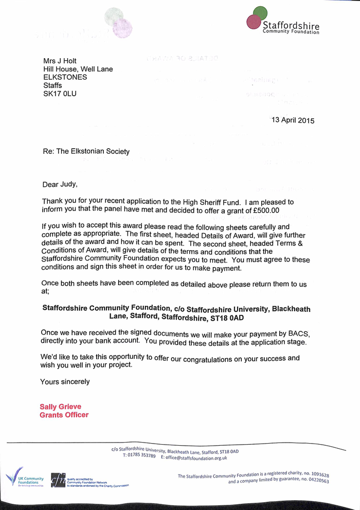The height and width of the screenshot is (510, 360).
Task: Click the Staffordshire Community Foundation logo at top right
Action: [x=283, y=22]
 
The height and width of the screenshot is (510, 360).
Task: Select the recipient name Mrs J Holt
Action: [x=60, y=61]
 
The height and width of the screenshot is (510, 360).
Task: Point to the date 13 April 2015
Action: [x=293, y=120]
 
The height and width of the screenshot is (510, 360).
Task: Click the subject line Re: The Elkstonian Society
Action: [x=86, y=151]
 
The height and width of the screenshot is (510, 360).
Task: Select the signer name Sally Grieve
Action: [x=60, y=407]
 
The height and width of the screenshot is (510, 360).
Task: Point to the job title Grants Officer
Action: [x=64, y=415]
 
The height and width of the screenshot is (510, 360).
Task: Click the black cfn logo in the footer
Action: [x=58, y=480]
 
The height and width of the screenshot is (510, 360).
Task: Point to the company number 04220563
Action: [x=315, y=481]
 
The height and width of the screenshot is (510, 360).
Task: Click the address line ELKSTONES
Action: [x=65, y=77]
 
